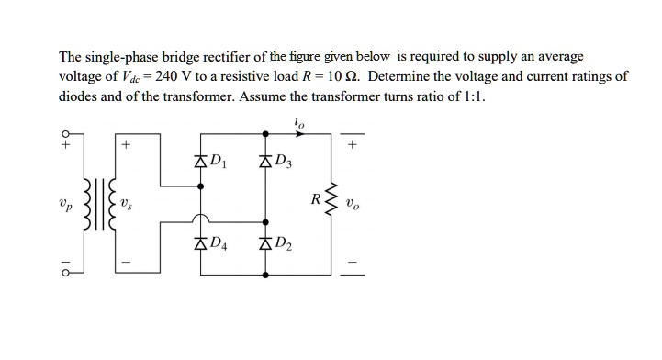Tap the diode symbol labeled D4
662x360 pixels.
pyautogui.click(x=201, y=243)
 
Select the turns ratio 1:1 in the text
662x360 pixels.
pyautogui.click(x=469, y=96)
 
